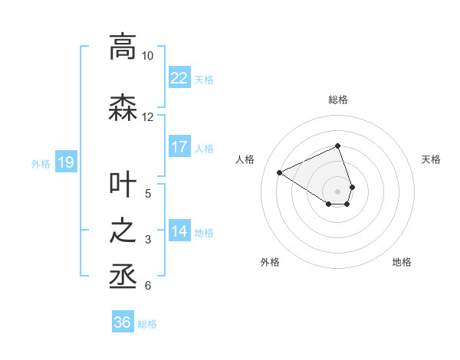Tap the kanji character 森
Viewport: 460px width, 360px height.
tap(123, 108)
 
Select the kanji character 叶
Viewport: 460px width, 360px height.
tap(123, 185)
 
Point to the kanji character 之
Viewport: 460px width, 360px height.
tap(123, 231)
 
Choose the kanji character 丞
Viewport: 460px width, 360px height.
tap(123, 277)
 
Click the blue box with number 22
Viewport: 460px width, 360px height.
tap(179, 78)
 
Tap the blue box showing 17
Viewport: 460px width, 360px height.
tap(179, 147)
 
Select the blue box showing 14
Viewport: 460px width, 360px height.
tap(179, 231)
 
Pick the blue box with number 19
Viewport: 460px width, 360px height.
tap(65, 162)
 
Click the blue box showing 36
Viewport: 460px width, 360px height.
tap(123, 322)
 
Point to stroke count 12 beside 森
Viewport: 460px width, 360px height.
tap(147, 117)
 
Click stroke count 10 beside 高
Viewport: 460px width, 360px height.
tap(147, 56)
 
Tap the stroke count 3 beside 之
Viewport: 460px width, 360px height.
tap(147, 241)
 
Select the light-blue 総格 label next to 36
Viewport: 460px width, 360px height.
tap(147, 324)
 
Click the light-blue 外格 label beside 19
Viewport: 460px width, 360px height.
tap(40, 163)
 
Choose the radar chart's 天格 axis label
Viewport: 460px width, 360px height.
tap(432, 159)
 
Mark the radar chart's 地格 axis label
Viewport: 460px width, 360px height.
tap(402, 262)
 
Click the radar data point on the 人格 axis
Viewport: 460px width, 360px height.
tap(280, 173)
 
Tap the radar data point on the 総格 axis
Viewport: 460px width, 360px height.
tap(337, 146)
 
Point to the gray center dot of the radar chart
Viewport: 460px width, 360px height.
tap(337, 191)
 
